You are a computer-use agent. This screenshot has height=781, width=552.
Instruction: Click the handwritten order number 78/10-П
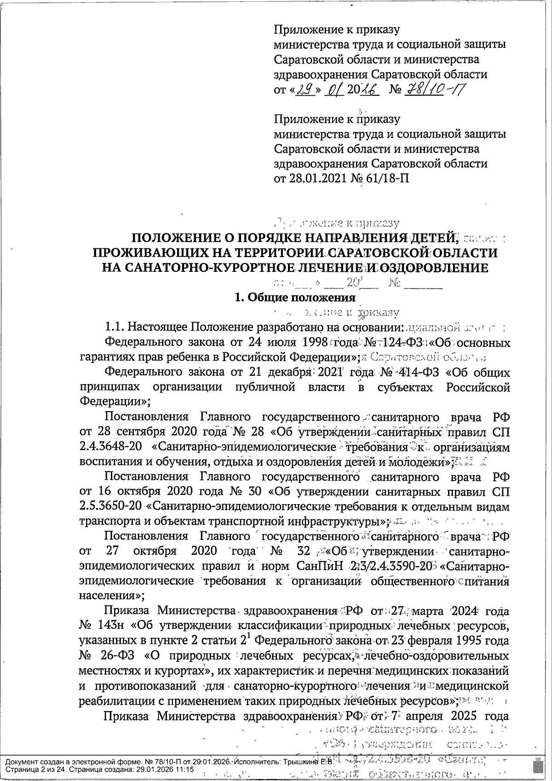point(432,89)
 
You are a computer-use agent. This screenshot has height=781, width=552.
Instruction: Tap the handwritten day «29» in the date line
point(305,89)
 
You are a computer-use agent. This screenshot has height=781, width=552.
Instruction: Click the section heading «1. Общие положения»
point(294,297)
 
